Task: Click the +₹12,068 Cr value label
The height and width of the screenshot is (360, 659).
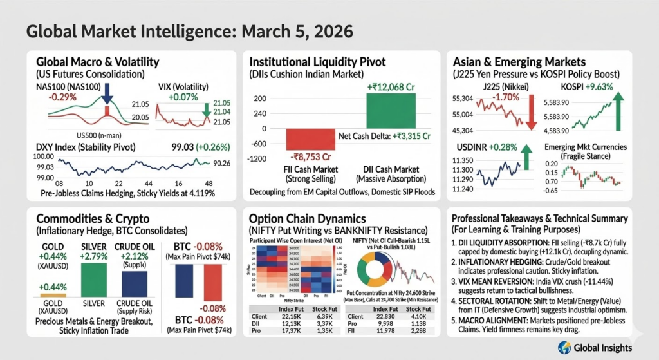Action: tap(389, 87)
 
